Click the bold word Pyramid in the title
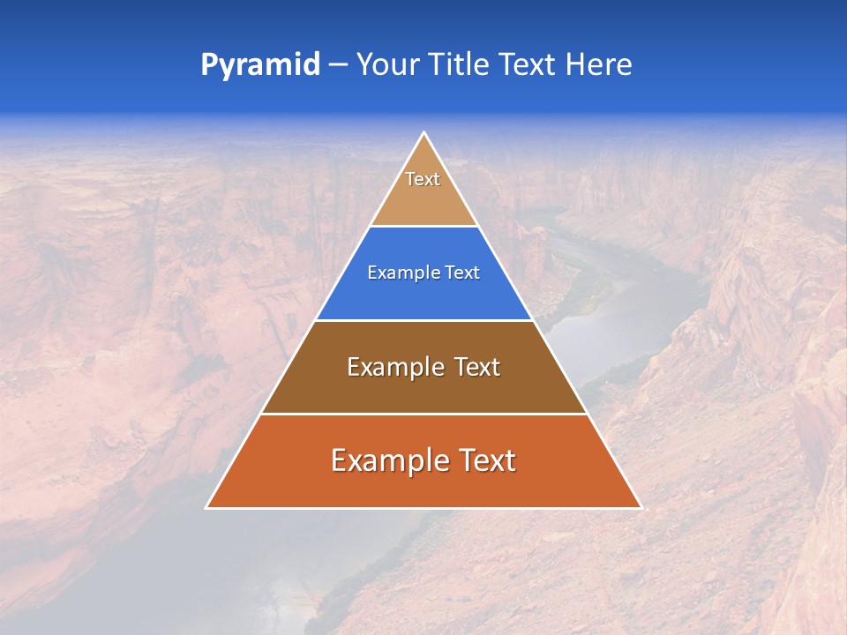260,65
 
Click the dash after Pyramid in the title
338,65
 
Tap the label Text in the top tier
423,179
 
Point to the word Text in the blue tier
462,273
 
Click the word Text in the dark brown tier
476,367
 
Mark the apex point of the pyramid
423,133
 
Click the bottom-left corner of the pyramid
206,507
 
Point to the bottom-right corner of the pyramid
641,507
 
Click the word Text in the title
530,65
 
